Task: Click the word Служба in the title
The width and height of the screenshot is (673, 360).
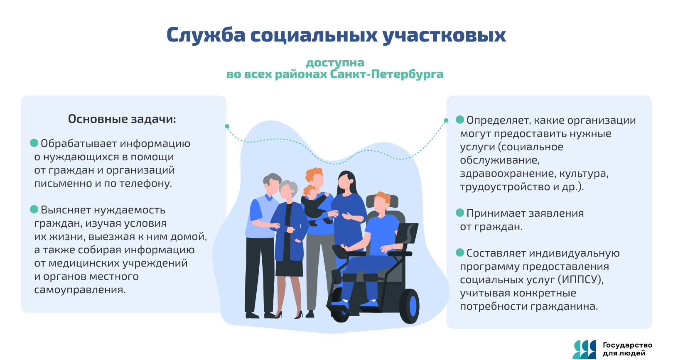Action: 206,35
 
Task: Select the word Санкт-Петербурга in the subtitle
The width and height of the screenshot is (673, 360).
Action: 387,74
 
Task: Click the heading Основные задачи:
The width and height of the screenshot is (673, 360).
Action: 122,119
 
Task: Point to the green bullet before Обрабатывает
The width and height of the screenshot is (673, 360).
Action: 34,143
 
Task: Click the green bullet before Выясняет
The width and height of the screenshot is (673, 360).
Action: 34,209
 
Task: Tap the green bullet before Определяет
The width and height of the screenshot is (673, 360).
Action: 460,120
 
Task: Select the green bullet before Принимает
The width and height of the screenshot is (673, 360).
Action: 460,213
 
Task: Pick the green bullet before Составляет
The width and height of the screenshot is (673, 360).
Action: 460,252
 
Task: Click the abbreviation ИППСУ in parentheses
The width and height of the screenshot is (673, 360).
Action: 581,280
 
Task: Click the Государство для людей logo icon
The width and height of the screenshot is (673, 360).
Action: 584,350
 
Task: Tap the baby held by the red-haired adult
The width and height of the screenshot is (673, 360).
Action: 315,206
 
